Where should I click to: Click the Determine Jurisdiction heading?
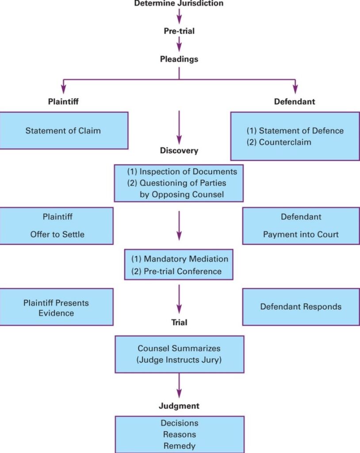179,4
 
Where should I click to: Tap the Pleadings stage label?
179,59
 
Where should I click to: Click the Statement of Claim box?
63,131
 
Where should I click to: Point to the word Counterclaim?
285,142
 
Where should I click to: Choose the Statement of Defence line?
295,131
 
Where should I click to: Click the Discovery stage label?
179,150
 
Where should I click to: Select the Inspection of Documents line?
182,172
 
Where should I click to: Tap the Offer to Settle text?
57,234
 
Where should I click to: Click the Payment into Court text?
301,234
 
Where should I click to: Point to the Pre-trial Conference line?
176,271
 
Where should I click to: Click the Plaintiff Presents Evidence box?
56,308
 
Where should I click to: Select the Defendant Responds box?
301,307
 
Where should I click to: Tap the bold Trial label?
179,323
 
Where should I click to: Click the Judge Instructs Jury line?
179,360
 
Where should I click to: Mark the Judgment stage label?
179,406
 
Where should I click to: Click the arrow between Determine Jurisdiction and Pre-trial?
179,16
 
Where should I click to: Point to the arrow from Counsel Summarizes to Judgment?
179,385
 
